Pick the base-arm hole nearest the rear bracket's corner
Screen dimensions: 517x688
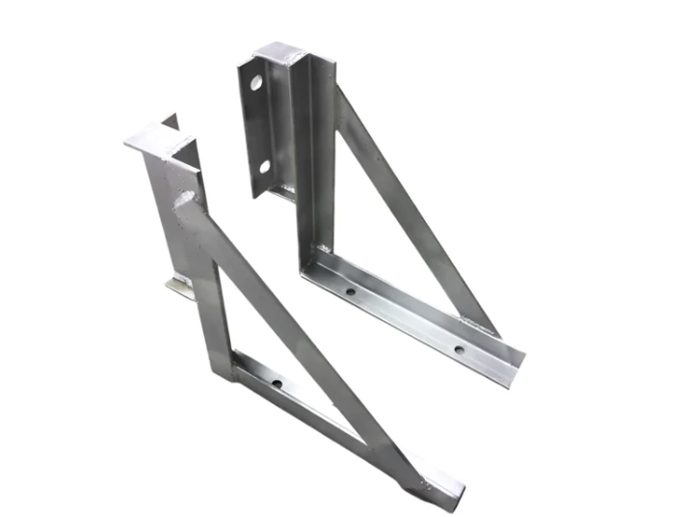(350, 289)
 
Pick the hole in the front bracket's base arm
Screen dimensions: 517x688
(277, 384)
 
